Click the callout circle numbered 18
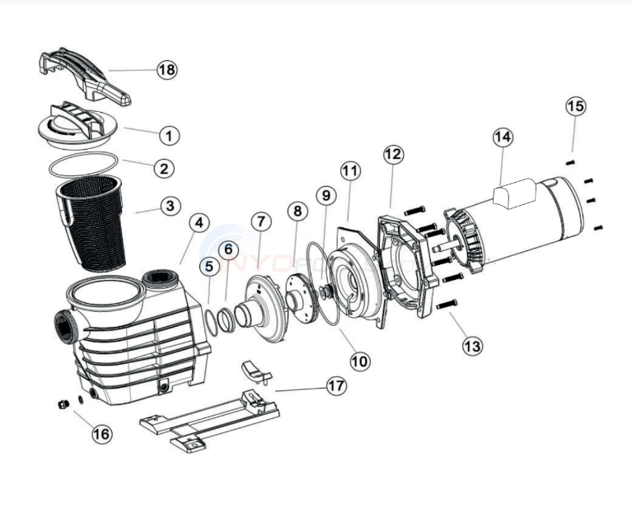click(x=166, y=70)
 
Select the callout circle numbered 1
click(x=167, y=134)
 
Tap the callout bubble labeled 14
click(x=503, y=137)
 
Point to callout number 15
click(x=576, y=106)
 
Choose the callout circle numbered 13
click(x=471, y=346)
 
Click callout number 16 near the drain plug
click(x=101, y=434)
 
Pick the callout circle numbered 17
click(x=335, y=385)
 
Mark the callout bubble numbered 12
click(x=393, y=154)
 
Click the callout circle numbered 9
click(x=325, y=196)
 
